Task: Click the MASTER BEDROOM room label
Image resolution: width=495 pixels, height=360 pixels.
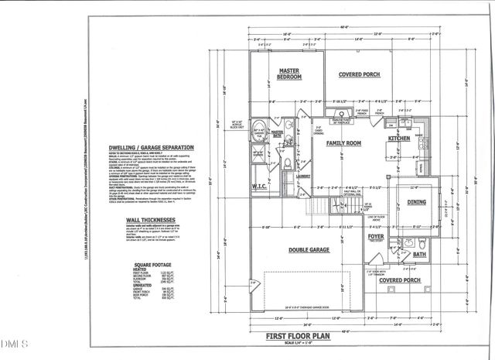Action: pyautogui.click(x=288, y=74)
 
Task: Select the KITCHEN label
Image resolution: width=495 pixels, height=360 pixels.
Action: pyautogui.click(x=400, y=139)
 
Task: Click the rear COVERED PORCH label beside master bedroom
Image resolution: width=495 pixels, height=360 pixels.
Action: pyautogui.click(x=360, y=75)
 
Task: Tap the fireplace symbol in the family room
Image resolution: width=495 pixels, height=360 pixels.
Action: pyautogui.click(x=348, y=119)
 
